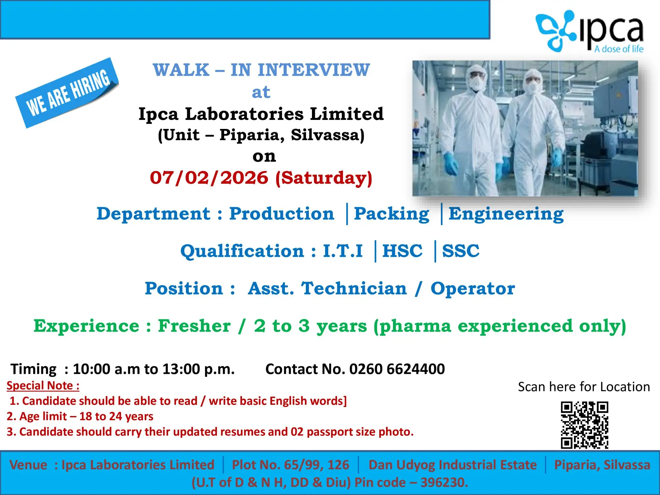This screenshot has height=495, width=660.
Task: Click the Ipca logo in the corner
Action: [590, 32]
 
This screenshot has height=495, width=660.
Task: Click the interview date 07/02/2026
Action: [209, 178]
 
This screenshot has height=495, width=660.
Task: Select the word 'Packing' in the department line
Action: [392, 214]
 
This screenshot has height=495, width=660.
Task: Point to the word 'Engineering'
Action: [506, 214]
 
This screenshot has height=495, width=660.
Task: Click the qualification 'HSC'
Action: [402, 251]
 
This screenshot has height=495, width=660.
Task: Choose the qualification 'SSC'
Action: [461, 251]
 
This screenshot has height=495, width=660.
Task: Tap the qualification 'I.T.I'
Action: [343, 251]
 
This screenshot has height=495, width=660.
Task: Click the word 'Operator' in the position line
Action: [473, 288]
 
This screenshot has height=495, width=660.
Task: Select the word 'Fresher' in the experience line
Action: [194, 326]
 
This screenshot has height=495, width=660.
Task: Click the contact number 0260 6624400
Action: [397, 369]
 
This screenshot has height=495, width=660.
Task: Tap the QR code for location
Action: [584, 425]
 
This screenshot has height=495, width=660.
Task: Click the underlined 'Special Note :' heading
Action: [43, 386]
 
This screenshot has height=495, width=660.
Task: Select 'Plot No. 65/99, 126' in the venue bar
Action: [290, 465]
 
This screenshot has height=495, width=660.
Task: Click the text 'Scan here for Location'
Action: [584, 387]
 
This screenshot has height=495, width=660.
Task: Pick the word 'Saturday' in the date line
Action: [324, 178]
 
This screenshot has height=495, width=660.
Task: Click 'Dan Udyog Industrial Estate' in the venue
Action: [452, 465]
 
